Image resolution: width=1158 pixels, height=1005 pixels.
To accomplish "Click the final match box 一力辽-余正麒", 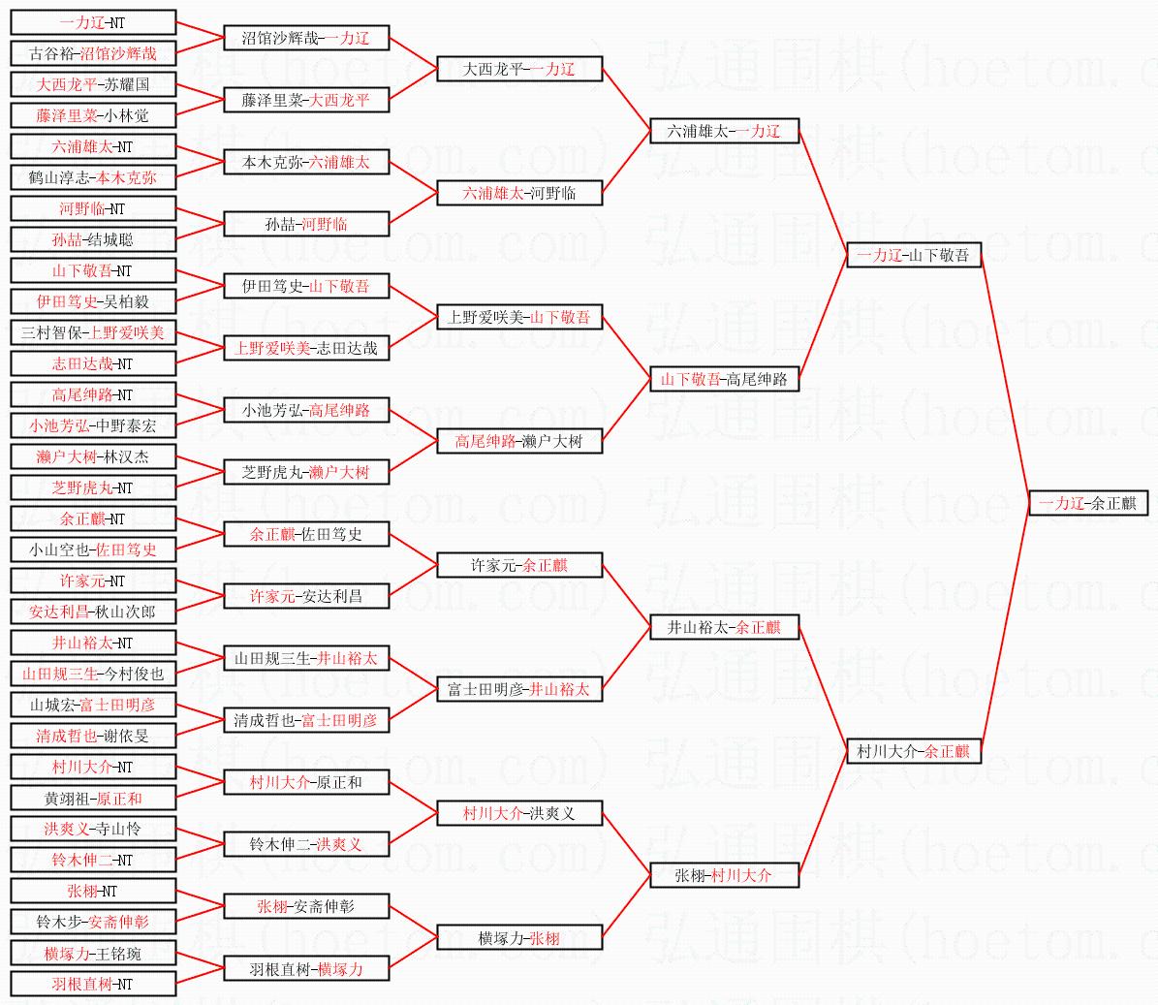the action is (1087, 503).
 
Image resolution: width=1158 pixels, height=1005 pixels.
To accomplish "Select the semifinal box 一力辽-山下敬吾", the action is (913, 255).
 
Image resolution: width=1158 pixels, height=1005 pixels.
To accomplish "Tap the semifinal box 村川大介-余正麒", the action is (913, 751).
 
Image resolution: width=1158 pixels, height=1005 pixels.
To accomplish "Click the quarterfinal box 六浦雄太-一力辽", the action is (724, 131).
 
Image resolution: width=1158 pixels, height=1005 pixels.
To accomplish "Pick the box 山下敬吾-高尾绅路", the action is (724, 379).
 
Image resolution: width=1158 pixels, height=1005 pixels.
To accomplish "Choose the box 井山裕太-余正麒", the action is (724, 627).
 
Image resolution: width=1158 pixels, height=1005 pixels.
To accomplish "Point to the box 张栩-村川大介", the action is (724, 875).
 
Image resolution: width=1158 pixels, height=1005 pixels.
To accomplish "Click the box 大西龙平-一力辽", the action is (519, 69).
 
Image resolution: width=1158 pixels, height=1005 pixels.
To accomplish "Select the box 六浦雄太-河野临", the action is (519, 193).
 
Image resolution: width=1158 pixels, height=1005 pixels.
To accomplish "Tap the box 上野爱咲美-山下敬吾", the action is (519, 317).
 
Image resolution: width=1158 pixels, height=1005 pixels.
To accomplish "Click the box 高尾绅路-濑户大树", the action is (519, 441).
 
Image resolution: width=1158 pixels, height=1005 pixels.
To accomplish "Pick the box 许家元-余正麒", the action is (519, 565).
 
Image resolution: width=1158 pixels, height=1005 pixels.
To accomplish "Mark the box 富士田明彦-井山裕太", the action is (519, 689).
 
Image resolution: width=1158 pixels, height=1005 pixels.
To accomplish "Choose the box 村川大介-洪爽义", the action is (519, 813).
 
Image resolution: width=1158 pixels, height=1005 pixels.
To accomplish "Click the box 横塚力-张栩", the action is (519, 937).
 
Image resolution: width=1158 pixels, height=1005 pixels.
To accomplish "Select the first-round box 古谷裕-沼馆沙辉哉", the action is (93, 53).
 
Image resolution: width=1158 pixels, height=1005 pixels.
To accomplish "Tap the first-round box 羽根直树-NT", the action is (93, 984).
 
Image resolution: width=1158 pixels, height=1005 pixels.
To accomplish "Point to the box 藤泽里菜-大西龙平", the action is (306, 100).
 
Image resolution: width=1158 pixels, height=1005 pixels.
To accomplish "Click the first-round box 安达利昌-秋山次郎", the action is (93, 612).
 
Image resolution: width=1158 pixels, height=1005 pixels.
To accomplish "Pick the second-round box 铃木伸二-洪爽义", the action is (306, 844).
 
